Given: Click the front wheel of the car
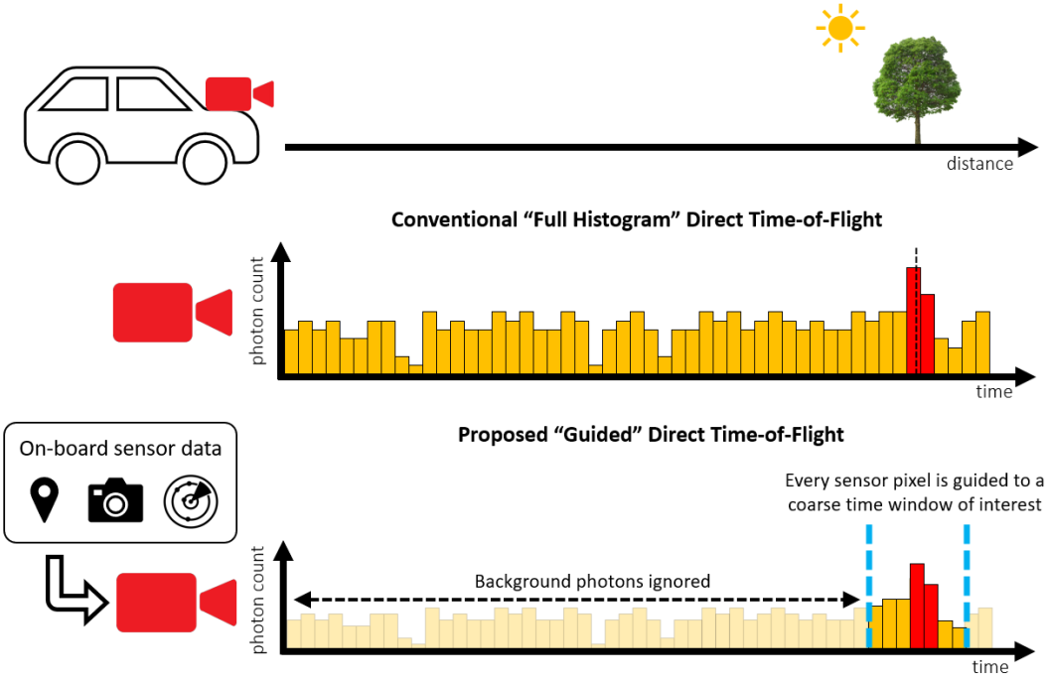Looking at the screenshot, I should [x=205, y=160].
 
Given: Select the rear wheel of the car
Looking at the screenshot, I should [x=75, y=160].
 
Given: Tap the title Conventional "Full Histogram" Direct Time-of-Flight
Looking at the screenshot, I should [x=636, y=219].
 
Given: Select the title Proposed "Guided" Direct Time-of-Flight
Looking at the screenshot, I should [x=650, y=434].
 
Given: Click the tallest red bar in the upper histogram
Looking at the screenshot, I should [x=913, y=320].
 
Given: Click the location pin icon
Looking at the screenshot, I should [x=44, y=499].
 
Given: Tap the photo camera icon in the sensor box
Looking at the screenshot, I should [x=115, y=501].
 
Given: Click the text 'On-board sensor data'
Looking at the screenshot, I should [x=120, y=448].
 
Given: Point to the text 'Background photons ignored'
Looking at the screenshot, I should [x=592, y=582].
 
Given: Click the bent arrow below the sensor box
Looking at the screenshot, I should [x=70, y=596].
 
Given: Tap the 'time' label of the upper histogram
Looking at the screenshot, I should [x=993, y=392].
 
